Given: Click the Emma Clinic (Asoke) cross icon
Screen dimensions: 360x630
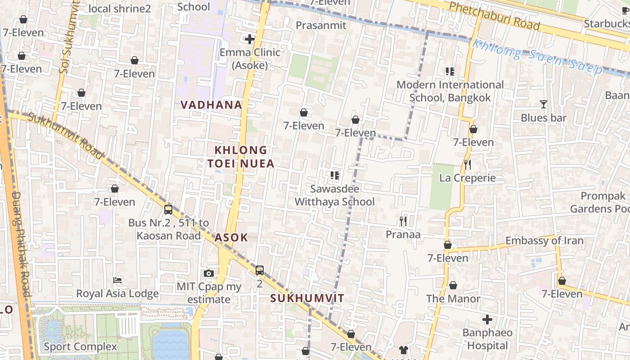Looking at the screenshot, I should coord(250,39).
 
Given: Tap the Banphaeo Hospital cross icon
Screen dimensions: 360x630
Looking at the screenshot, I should coord(487,320).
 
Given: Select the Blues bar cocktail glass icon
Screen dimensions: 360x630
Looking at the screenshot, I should coord(544,104).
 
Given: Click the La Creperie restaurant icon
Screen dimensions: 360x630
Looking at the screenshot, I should coord(468,165).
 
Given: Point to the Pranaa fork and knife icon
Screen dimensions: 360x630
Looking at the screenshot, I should coord(403,221).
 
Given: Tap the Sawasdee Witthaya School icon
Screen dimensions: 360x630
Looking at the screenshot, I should coord(334,175).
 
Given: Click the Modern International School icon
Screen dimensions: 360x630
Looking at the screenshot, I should coord(450,72).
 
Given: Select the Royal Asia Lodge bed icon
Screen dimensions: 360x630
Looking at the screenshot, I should coord(117,280).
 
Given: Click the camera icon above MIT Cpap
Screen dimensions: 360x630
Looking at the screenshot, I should coord(208,273).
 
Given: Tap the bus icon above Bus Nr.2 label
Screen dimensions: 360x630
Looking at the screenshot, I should coord(168,209).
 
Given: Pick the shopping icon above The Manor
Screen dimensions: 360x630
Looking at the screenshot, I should coord(453,286).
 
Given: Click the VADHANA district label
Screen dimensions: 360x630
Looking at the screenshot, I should coord(211,105).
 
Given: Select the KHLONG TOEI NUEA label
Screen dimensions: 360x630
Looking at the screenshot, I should coord(240,157).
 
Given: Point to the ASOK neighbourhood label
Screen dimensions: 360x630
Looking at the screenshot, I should coord(231,238).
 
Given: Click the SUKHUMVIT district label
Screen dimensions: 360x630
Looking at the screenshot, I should coord(307,298).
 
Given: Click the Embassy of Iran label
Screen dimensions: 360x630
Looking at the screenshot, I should coord(544,241).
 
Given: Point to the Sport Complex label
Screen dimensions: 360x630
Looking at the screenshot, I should coord(80,347).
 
